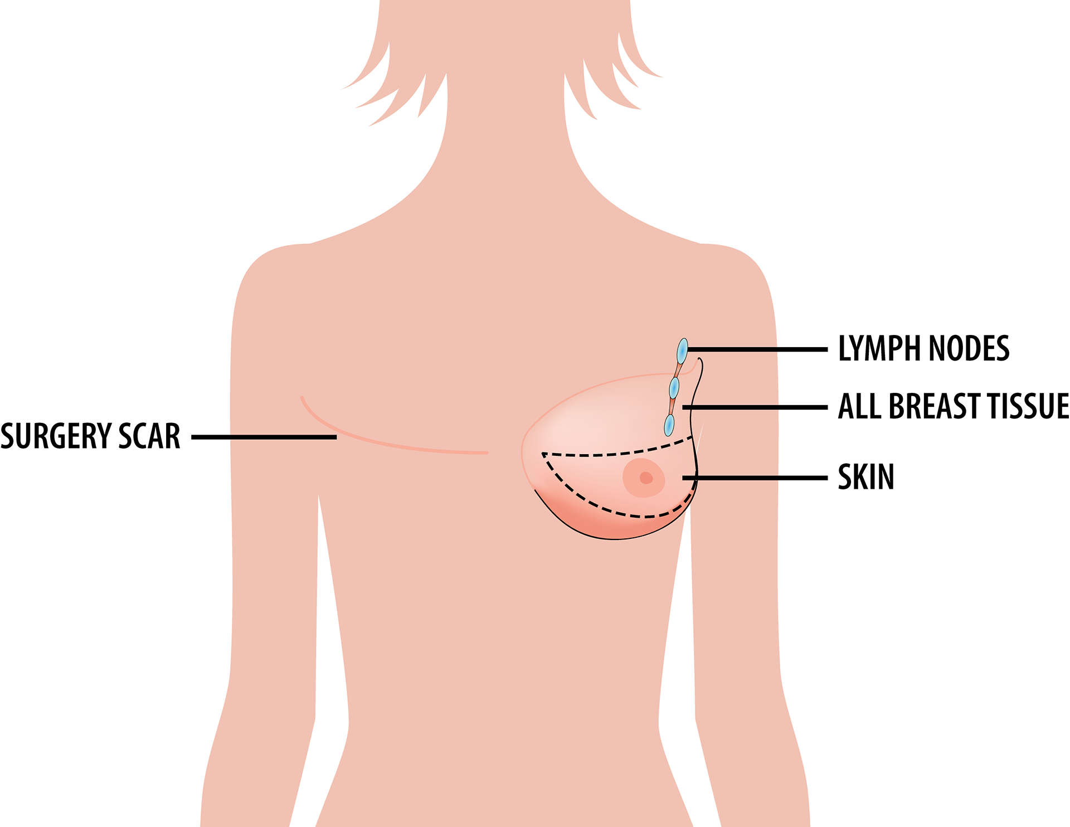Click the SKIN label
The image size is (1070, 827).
pyautogui.click(x=866, y=477)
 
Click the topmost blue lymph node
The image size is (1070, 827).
pyautogui.click(x=682, y=351)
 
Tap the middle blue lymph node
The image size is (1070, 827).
pyautogui.click(x=674, y=388)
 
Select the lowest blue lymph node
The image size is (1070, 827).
pyautogui.click(x=669, y=425)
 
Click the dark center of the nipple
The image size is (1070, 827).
pyautogui.click(x=646, y=478)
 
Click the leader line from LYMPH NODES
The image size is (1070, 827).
pyautogui.click(x=758, y=349)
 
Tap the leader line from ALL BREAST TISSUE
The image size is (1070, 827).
pyautogui.click(x=758, y=407)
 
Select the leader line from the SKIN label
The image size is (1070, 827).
pyautogui.click(x=758, y=478)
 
